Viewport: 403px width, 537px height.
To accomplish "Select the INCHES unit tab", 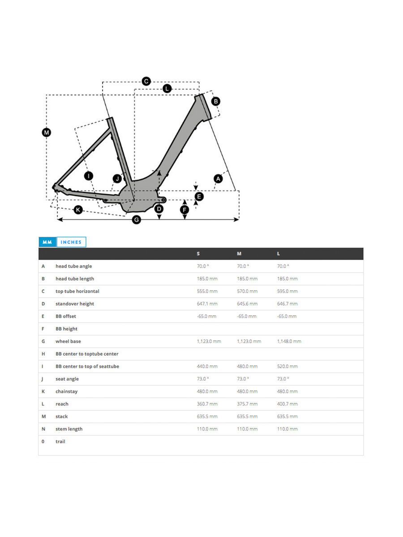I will (71, 242).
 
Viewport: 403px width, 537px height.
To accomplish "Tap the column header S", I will (198, 254).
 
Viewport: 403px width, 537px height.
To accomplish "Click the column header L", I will (279, 254).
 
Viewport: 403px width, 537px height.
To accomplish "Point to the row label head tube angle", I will (73, 266).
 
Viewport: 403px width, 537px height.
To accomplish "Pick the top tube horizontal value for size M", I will (247, 291).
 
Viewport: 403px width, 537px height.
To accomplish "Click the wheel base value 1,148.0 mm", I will (289, 341).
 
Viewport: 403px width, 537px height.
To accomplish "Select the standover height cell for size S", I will (207, 304).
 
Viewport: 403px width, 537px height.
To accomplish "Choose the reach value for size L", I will (287, 404).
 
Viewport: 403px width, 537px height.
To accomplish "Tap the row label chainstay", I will (66, 392).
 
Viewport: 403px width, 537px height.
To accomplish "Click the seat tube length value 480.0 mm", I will (247, 367).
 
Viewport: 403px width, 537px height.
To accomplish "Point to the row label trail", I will (60, 442).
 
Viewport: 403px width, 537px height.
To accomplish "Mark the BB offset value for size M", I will (247, 316).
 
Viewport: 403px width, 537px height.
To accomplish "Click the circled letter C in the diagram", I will (146, 81).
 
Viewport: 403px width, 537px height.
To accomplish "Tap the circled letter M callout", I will (46, 132).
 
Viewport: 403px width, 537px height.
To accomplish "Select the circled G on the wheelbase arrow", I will (137, 220).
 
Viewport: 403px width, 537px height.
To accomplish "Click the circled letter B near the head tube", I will (216, 101).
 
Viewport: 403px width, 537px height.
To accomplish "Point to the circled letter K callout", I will (78, 209).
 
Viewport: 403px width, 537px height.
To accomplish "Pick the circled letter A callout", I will (218, 179).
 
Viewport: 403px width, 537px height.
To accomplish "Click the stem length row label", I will (69, 429).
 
